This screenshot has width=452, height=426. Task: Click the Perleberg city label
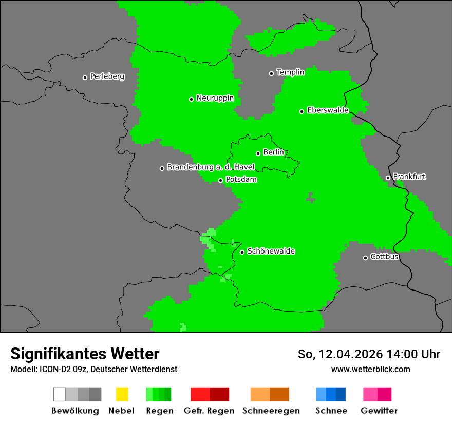pyautogui.click(x=107, y=76)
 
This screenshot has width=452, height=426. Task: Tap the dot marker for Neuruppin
pyautogui.click(x=191, y=99)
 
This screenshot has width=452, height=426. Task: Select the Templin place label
pyautogui.click(x=290, y=72)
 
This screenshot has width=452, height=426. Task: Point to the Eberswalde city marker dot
pyautogui.click(x=302, y=111)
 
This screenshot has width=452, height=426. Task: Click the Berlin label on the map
pyautogui.click(x=273, y=152)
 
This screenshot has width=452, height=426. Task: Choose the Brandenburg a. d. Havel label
pyautogui.click(x=211, y=167)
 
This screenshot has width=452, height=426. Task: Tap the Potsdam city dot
pyautogui.click(x=220, y=180)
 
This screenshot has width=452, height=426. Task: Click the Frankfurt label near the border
pyautogui.click(x=409, y=177)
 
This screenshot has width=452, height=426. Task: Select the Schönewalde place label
pyautogui.click(x=271, y=251)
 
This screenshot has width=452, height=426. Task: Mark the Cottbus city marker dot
pyautogui.click(x=365, y=258)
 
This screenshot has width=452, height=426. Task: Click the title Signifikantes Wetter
pyautogui.click(x=85, y=354)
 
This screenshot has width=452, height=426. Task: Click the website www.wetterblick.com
pyautogui.click(x=370, y=369)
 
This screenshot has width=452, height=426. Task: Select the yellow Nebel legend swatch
pyautogui.click(x=122, y=394)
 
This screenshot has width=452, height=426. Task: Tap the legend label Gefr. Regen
pyautogui.click(x=209, y=411)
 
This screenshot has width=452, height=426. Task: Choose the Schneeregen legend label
pyautogui.click(x=271, y=411)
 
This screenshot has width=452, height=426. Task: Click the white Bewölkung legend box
pyautogui.click(x=60, y=394)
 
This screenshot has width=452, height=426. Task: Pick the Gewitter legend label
pyautogui.click(x=379, y=411)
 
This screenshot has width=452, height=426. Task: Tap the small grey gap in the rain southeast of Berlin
pyautogui.click(x=310, y=198)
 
